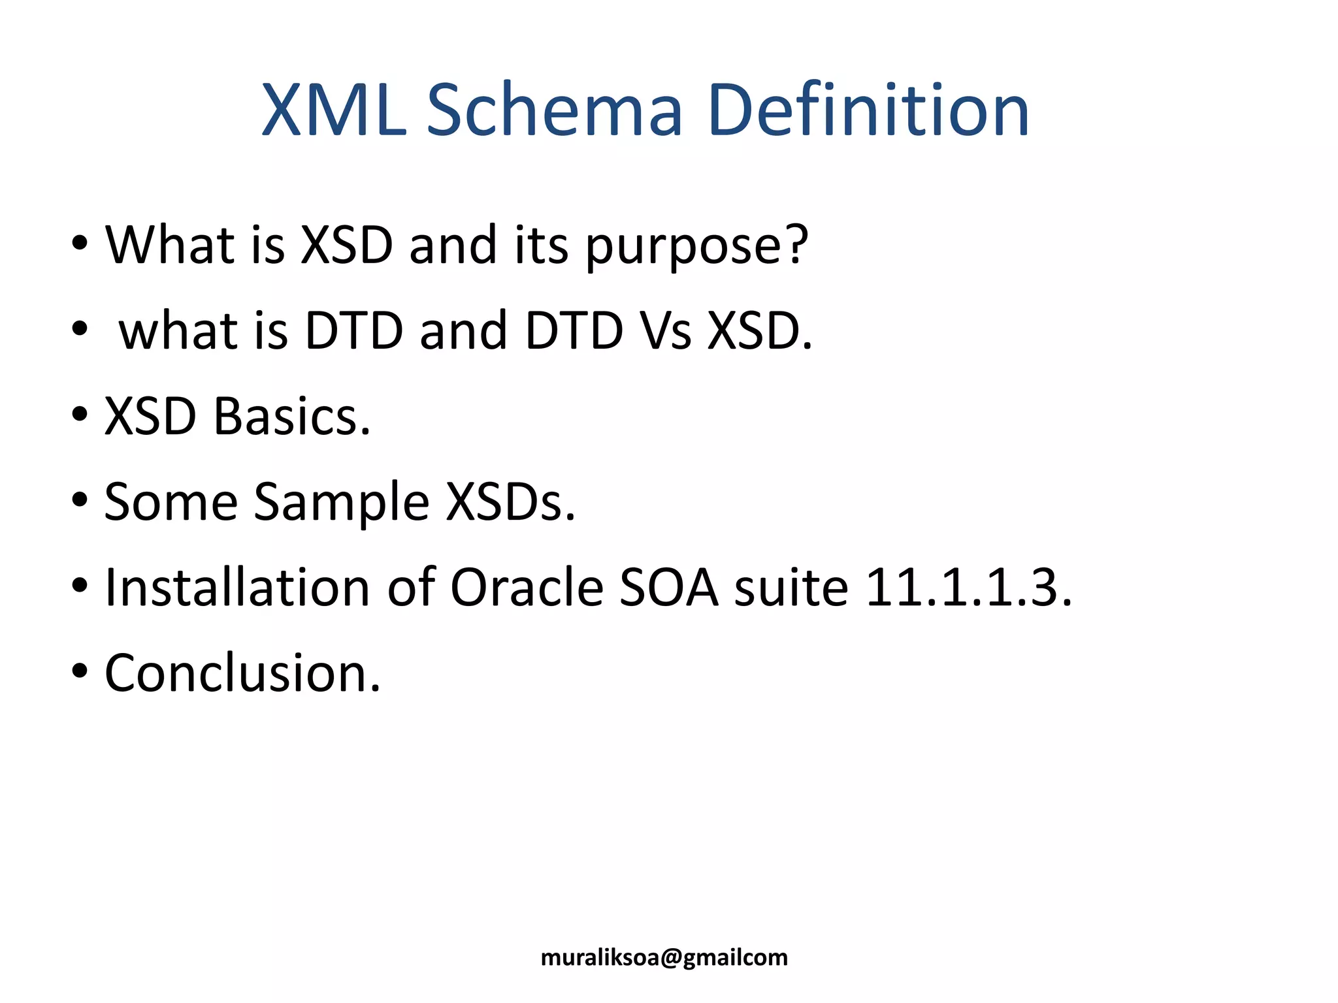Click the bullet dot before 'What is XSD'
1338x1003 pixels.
80,244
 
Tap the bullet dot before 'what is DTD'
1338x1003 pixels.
80,330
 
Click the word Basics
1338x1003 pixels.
291,416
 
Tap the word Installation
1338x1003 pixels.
237,587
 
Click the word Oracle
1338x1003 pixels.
527,587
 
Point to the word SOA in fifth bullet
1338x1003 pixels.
668,587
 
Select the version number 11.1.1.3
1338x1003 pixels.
968,587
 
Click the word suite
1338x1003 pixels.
791,587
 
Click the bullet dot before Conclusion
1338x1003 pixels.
80,673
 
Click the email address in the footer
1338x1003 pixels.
664,957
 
